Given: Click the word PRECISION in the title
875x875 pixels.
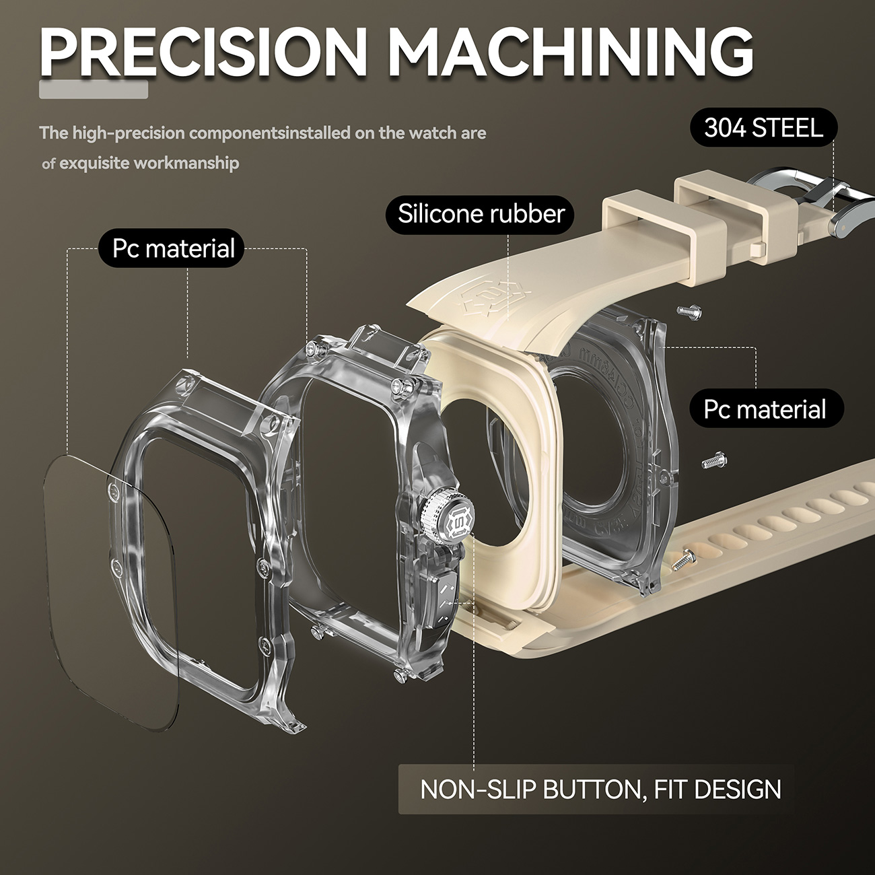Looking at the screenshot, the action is coord(203,53).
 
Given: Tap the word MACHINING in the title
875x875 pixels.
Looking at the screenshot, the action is coord(571,53).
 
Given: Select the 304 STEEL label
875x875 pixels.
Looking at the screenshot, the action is coord(763,128).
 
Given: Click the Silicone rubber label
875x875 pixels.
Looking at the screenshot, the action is coord(481,214).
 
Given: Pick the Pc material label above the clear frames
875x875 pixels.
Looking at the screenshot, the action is coord(172,248).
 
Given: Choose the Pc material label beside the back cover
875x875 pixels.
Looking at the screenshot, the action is coord(766,408).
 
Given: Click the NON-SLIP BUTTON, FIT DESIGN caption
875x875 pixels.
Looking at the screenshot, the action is coord(600,789).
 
